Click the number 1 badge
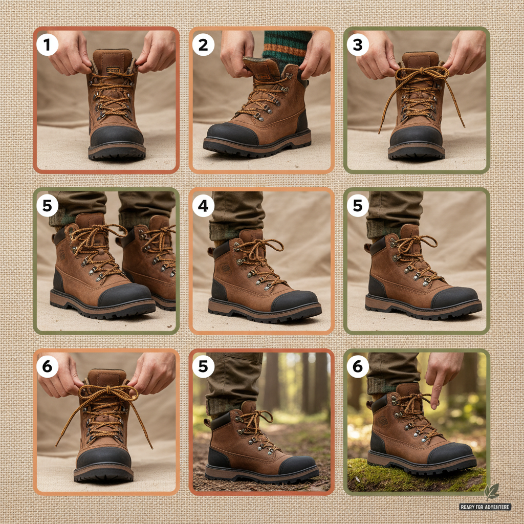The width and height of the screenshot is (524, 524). click(47, 46)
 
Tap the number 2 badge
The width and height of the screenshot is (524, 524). click(203, 46)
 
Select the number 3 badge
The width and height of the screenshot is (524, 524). click(358, 46)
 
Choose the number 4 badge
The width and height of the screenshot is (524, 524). click(203, 206)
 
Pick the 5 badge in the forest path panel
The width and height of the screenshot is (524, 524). click(203, 366)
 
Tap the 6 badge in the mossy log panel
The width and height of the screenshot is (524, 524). click(358, 366)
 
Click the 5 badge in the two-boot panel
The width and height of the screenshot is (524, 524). click(47, 206)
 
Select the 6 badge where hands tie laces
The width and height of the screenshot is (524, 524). click(47, 366)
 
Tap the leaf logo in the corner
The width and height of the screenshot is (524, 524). click(491, 492)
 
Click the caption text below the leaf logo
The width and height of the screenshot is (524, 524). click(485, 507)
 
